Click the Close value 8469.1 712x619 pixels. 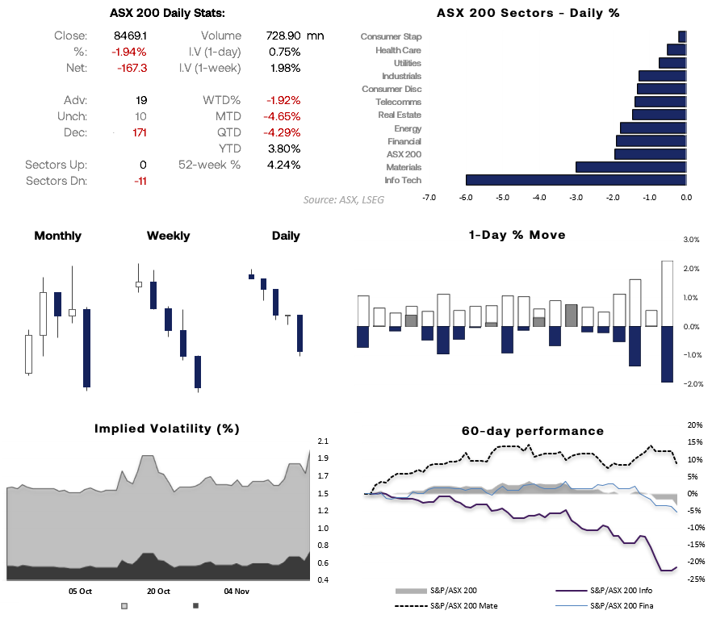point(131,36)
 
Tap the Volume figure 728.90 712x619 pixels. point(283,36)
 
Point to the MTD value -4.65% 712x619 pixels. point(283,116)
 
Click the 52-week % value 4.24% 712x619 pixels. point(283,165)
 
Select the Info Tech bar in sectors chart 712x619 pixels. point(576,180)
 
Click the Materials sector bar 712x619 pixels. point(630,167)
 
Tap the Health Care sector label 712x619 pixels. point(398,50)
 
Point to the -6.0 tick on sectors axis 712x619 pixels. point(465,196)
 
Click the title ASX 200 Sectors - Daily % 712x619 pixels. point(528,13)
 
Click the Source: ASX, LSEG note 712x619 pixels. point(344,199)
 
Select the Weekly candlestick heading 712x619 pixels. point(168,236)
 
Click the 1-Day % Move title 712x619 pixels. point(517,235)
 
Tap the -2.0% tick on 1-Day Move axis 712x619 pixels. point(691,383)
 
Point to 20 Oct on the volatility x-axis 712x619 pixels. point(157,591)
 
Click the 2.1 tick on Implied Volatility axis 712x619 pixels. point(323,441)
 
